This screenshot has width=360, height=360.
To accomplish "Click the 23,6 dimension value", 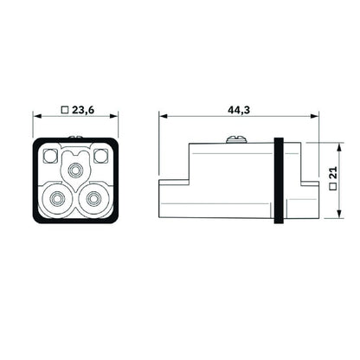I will tap(82, 111).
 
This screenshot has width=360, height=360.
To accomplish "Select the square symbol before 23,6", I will tap(64, 111).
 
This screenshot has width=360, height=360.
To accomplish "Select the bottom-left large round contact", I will tap(58, 201).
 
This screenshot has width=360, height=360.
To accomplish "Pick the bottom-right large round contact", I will tap(93, 201).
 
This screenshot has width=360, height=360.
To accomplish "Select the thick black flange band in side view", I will tap(279, 180).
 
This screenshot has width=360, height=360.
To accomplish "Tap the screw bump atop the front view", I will tap(76, 137).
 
